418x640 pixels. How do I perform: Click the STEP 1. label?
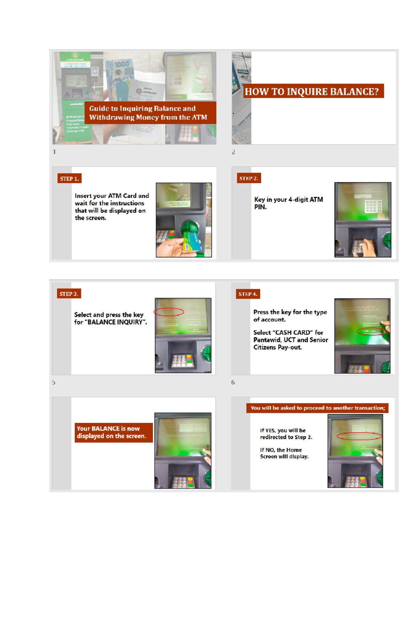(x=69, y=179)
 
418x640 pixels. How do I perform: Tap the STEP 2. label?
(x=249, y=178)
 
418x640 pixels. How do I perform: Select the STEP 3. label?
(x=69, y=294)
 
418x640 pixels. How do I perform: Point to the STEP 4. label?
(x=248, y=294)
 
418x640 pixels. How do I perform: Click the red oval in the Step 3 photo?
(x=169, y=311)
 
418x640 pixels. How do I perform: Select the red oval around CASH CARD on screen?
(x=372, y=331)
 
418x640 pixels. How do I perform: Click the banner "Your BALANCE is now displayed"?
(x=113, y=432)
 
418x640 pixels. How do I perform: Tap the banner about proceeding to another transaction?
(x=317, y=408)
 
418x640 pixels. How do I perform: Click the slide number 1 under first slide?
(x=54, y=152)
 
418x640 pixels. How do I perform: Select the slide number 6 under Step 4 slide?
(x=233, y=383)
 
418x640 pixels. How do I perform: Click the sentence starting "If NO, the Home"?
(x=281, y=450)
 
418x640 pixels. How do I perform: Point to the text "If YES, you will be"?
(x=282, y=430)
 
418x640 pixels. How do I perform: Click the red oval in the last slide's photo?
(x=359, y=436)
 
